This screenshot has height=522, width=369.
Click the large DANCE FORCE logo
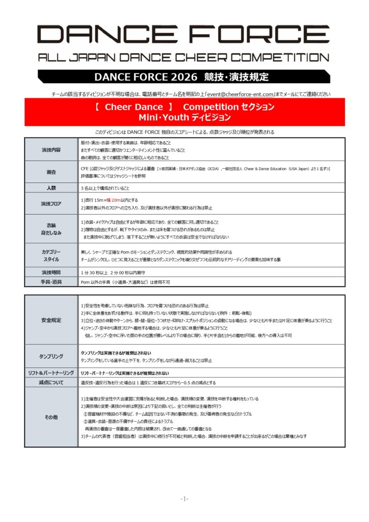[x=184, y=35]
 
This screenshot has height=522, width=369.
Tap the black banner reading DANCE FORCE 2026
[x=184, y=77]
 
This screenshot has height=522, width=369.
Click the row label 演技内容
[x=51, y=150]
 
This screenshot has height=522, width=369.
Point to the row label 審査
[x=51, y=172]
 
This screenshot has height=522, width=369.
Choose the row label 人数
[x=51, y=188]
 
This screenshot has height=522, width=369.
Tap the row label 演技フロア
[x=51, y=204]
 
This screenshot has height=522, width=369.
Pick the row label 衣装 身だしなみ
[x=51, y=229]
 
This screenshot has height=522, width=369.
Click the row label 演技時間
[x=51, y=272]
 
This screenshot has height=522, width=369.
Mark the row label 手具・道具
[x=51, y=282]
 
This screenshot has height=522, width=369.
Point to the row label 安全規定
[x=51, y=320]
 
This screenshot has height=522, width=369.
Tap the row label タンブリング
[x=51, y=356]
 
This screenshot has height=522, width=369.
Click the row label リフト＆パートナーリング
[x=51, y=373]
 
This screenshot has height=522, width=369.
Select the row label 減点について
[x=51, y=382]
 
